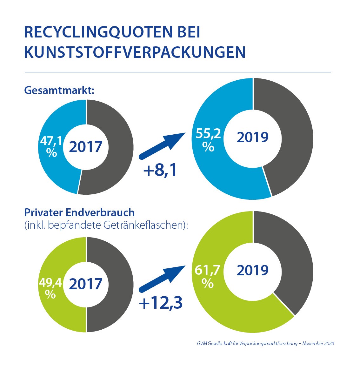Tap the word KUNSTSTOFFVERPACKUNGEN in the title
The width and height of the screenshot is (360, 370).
[x=135, y=52]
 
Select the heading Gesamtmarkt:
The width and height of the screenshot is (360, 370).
[x=59, y=90]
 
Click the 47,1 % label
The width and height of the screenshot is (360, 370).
[x=51, y=146]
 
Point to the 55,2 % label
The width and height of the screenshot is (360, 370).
[x=208, y=140]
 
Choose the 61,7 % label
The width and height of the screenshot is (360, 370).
[x=208, y=276]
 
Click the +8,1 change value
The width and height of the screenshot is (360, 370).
[x=160, y=170]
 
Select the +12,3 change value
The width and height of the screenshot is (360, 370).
[x=161, y=303]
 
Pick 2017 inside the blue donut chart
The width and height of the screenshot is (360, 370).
[x=86, y=147]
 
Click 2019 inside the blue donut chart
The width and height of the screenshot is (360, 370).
[x=253, y=138]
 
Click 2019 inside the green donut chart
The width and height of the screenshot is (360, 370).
[x=253, y=270]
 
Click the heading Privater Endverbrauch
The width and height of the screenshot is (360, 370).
[x=79, y=212]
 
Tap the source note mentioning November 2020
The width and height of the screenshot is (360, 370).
[x=265, y=343]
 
